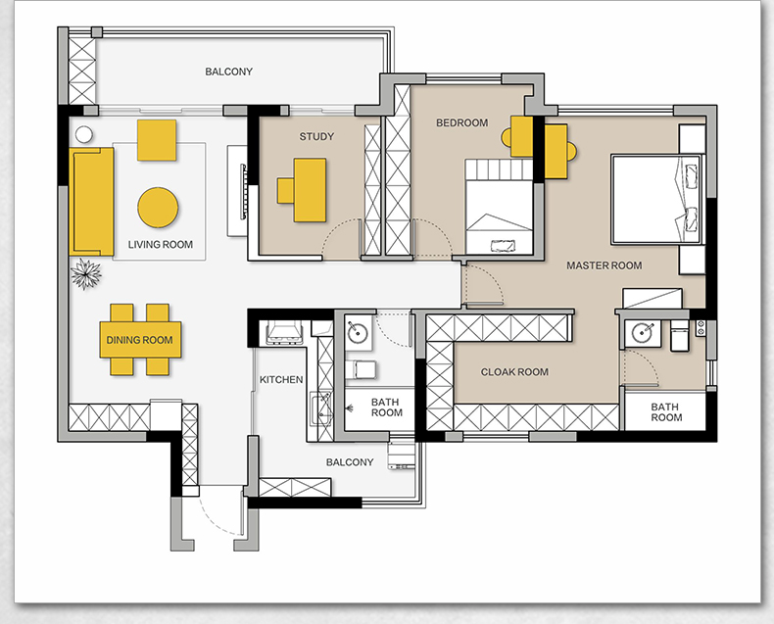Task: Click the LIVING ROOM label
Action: click(x=161, y=244)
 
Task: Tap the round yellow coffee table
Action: click(x=158, y=208)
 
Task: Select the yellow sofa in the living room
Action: click(x=92, y=202)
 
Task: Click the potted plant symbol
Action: click(x=86, y=274)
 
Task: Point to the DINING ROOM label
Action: click(x=140, y=340)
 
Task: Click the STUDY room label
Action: click(x=316, y=136)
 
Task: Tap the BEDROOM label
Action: click(x=462, y=122)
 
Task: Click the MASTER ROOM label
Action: click(x=605, y=265)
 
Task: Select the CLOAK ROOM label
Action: click(x=514, y=371)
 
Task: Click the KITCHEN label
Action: click(x=281, y=380)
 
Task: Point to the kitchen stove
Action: click(x=284, y=332)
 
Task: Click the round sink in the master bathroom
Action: click(x=642, y=332)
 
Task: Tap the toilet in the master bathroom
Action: click(x=680, y=336)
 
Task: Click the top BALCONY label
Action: click(x=228, y=72)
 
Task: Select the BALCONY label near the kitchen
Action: click(x=350, y=462)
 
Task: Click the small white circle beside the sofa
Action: click(x=84, y=134)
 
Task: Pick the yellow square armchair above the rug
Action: click(x=157, y=140)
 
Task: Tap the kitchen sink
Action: click(x=320, y=408)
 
